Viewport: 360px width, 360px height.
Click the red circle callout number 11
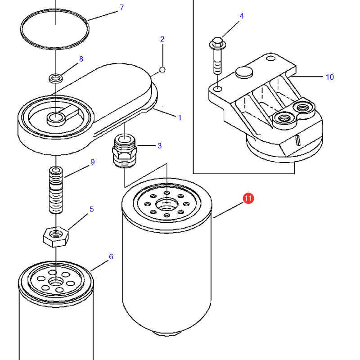point(248,198)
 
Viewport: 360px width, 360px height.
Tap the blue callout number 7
point(121,8)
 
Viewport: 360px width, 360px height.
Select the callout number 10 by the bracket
point(329,77)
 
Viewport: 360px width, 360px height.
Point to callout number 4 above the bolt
point(242,16)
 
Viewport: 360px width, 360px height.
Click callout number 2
point(162,40)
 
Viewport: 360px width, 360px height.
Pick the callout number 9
point(92,162)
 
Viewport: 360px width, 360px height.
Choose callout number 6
point(111,257)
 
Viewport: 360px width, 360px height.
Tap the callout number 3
point(159,146)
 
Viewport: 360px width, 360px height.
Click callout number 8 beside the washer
point(81,59)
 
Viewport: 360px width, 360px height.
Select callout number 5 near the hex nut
point(91,209)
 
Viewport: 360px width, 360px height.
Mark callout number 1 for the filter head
point(180,118)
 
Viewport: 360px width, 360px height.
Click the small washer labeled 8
point(56,78)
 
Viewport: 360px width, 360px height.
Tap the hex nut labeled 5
point(55,235)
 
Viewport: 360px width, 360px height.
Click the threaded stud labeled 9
point(55,190)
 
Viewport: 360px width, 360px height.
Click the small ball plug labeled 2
point(162,70)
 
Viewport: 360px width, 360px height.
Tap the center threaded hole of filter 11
point(166,205)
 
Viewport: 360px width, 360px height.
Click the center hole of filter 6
point(56,282)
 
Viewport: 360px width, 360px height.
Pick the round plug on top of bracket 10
point(244,72)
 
